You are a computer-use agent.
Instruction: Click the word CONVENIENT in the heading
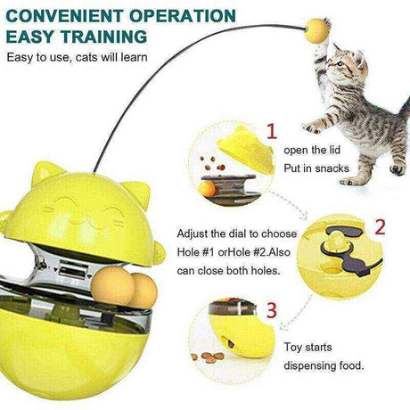[x=64, y=16]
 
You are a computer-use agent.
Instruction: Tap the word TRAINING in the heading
[x=104, y=37]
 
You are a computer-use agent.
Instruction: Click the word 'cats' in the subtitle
[x=86, y=57]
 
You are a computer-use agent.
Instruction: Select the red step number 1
[x=272, y=132]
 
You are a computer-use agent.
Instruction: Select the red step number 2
[x=380, y=227]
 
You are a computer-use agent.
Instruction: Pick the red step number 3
[x=272, y=310]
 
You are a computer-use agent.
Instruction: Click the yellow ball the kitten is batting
[x=316, y=29]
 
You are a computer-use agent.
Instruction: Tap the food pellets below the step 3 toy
[x=208, y=357]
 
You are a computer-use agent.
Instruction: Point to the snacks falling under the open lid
[x=212, y=163]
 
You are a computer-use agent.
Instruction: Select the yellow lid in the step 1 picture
[x=246, y=149]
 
